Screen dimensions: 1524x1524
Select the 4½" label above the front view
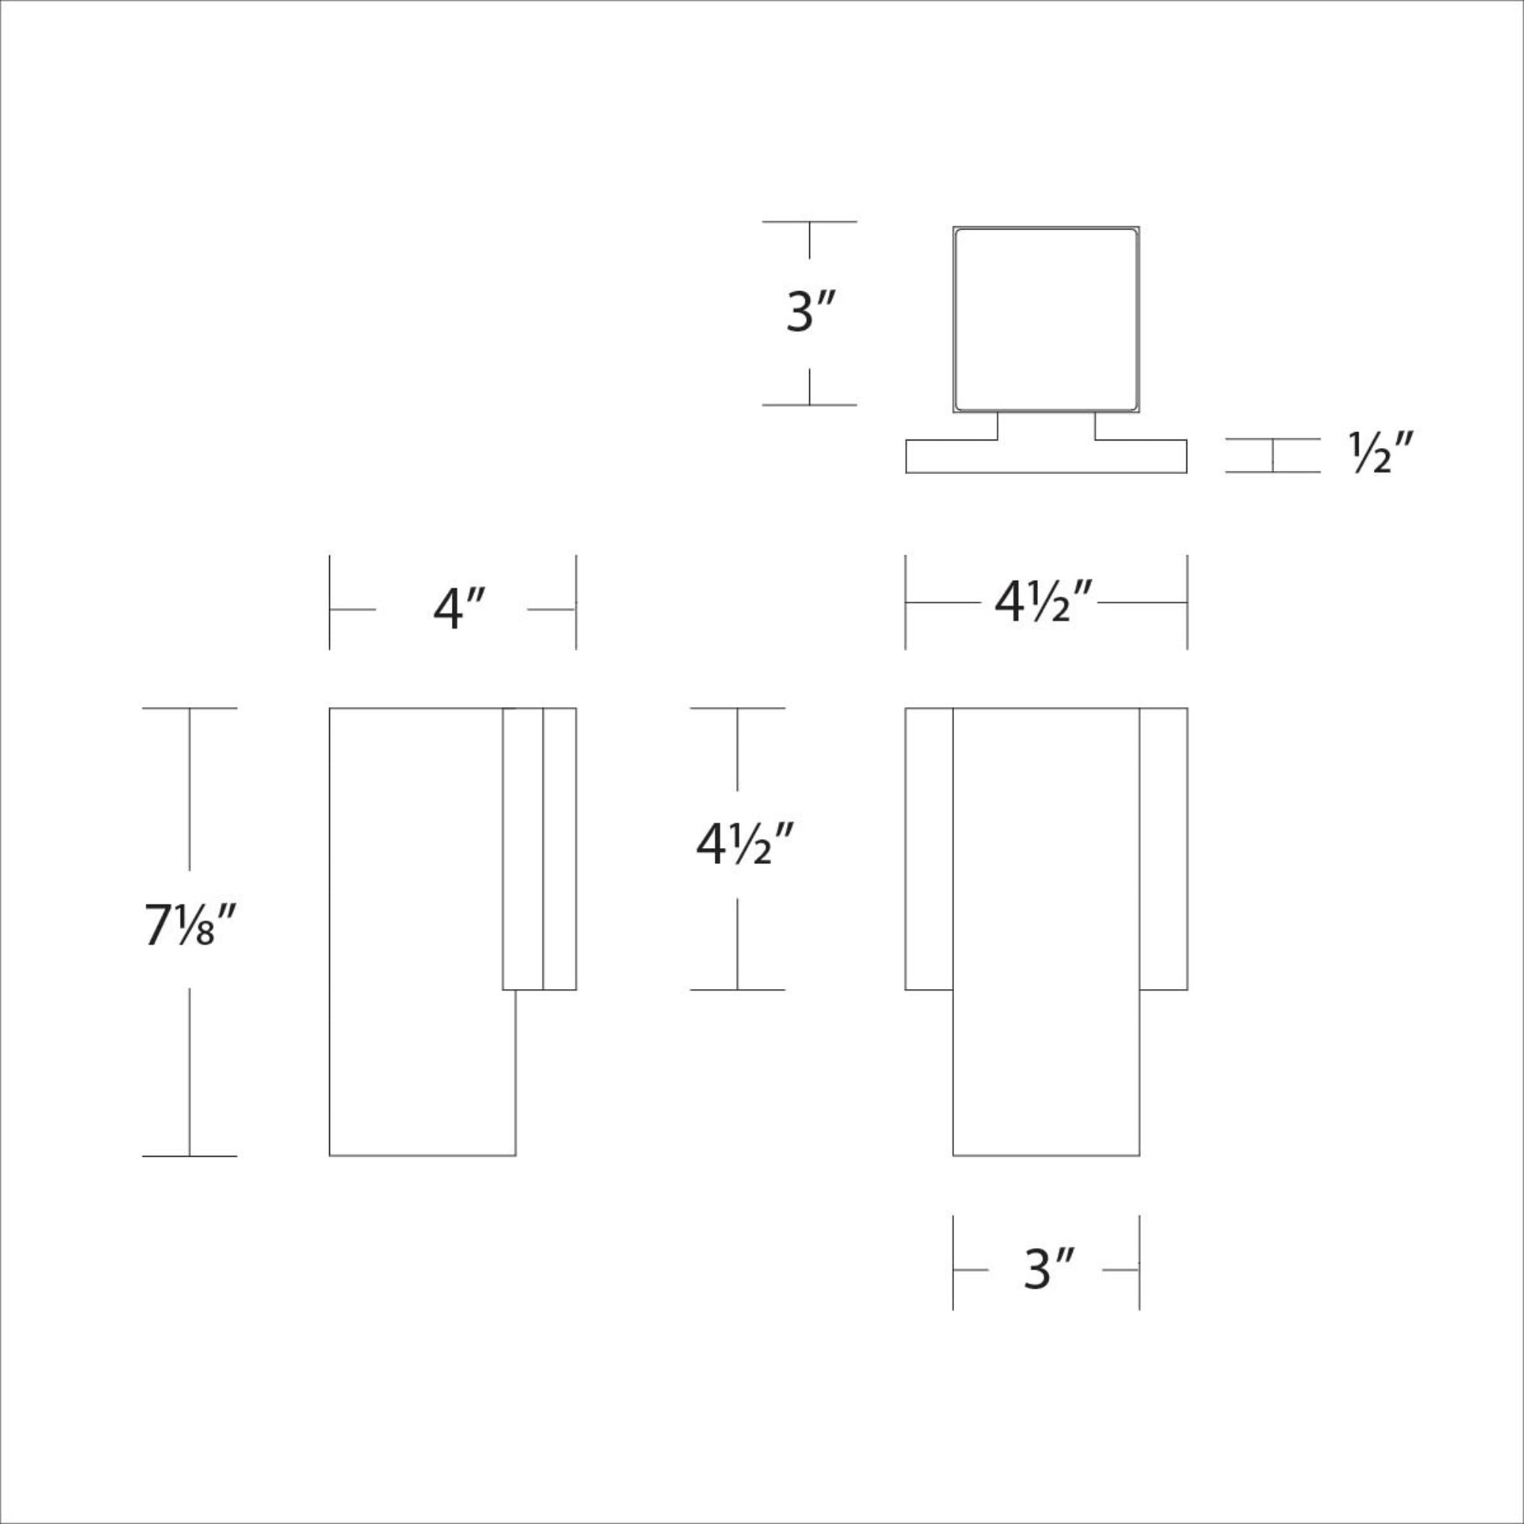1043,603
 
